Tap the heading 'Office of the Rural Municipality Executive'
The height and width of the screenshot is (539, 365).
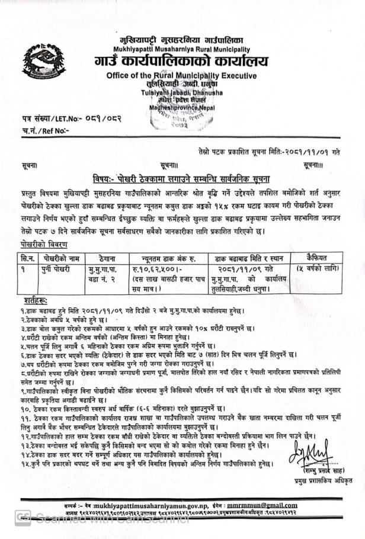pyautogui.click(x=181, y=76)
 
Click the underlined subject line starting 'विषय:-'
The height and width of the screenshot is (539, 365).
pyautogui.click(x=182, y=178)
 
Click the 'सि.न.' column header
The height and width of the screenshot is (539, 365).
pyautogui.click(x=28, y=258)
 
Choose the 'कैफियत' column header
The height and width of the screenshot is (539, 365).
pyautogui.click(x=317, y=257)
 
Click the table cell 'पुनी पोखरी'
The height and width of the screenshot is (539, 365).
pyautogui.click(x=57, y=268)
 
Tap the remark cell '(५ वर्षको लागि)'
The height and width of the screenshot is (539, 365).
pyautogui.click(x=318, y=269)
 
